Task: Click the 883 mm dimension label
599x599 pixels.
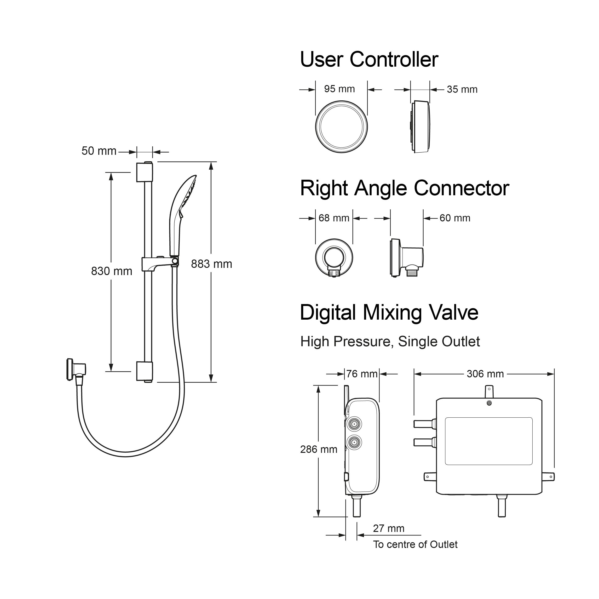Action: (212, 264)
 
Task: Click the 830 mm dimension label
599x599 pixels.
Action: (112, 271)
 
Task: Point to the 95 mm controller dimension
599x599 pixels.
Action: (340, 89)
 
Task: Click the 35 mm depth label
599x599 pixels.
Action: (462, 89)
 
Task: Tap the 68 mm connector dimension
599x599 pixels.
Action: (334, 218)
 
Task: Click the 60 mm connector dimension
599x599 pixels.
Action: (455, 218)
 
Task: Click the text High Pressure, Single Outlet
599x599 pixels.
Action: (390, 342)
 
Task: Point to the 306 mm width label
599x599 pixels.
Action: (485, 374)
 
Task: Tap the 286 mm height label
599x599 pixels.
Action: (319, 449)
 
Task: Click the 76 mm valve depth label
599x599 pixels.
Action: (362, 374)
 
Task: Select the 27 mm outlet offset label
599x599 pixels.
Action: (388, 528)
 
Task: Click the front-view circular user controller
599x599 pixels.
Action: (341, 127)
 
